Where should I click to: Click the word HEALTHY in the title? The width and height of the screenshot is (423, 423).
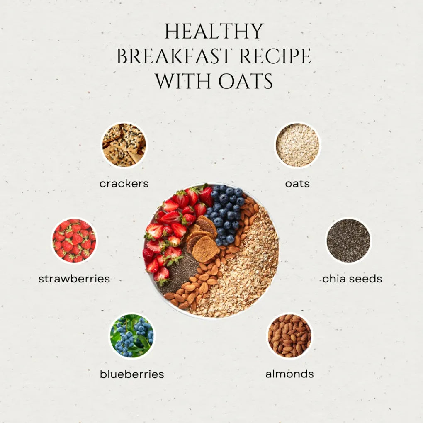tap(214, 32)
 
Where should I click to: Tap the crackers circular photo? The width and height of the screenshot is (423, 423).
tap(124, 145)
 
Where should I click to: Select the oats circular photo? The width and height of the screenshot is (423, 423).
tap(297, 145)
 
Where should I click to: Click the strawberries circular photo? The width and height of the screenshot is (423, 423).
tap(74, 241)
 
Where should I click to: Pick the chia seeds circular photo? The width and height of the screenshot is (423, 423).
tap(348, 241)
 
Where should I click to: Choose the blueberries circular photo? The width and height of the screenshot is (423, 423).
tap(132, 335)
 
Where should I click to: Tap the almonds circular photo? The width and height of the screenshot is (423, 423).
tap(289, 335)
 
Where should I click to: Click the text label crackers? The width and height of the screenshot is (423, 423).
tap(124, 183)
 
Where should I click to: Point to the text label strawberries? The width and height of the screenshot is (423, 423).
tap(74, 279)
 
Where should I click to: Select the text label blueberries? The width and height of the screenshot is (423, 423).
tap(132, 374)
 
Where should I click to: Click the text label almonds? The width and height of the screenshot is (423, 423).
tap(289, 374)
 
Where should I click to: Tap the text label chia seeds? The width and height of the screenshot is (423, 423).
tap(352, 279)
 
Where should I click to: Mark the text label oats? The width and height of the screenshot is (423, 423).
tap(297, 183)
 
